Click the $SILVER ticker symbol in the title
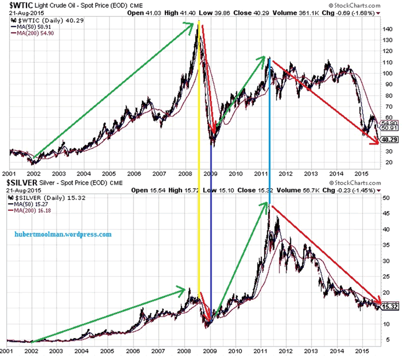pos(22,183)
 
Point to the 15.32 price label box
pos(389,307)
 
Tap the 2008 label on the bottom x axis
pos(185,351)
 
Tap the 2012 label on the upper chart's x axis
pos(286,173)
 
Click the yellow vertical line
pos(199,159)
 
